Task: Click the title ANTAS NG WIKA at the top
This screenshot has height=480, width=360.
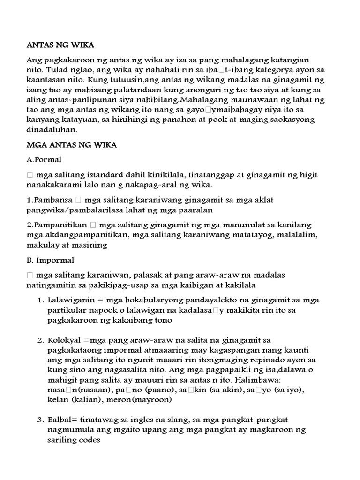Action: (x=60, y=45)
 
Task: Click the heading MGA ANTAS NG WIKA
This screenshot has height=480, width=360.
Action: (x=71, y=145)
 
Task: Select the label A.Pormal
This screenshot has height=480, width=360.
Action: (x=44, y=160)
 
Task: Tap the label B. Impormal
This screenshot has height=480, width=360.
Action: (x=50, y=259)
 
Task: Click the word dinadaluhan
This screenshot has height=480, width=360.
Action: (x=52, y=130)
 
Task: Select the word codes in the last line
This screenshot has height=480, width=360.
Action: (x=90, y=441)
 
